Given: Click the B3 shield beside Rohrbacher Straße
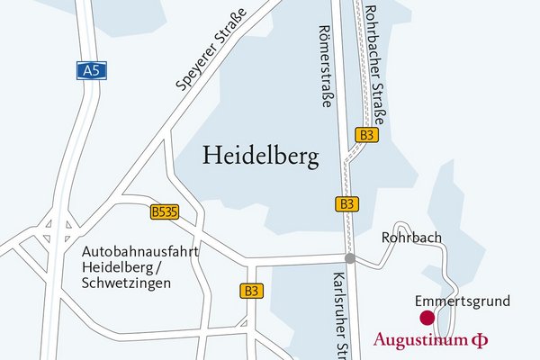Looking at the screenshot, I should coord(366,134).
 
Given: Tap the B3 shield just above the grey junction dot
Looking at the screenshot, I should coord(347,203).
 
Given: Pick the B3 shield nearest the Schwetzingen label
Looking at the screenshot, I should coord(252,291).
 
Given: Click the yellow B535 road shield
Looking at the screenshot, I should coord(164,212).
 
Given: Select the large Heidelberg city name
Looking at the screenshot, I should coord(261,157).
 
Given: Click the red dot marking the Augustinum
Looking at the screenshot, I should coord(427,317).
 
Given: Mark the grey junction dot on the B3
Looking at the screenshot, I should coord(350,259).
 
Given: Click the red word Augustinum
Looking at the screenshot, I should coord(419,340).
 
